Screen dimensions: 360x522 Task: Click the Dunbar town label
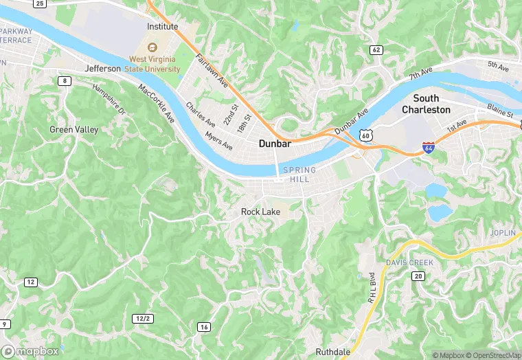pyautogui.click(x=275, y=144)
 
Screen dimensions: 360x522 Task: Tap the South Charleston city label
pyautogui.click(x=426, y=104)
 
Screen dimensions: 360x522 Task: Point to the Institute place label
pyautogui.click(x=162, y=27)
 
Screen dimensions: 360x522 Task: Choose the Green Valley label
pyautogui.click(x=74, y=129)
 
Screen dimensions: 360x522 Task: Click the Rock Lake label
pyautogui.click(x=260, y=212)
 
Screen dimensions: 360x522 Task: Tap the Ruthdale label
pyautogui.click(x=334, y=352)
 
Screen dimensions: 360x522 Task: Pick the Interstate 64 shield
pyautogui.click(x=429, y=147)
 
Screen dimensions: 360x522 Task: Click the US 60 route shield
pyautogui.click(x=366, y=136)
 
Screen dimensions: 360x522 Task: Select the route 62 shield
pyautogui.click(x=376, y=49)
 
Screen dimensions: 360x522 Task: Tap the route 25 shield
pyautogui.click(x=40, y=4)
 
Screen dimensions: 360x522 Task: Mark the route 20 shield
pyautogui.click(x=418, y=275)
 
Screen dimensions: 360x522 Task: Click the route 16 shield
pyautogui.click(x=203, y=326)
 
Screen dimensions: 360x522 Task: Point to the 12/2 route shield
pyautogui.click(x=142, y=318)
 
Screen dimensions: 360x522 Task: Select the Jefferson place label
pyautogui.click(x=103, y=69)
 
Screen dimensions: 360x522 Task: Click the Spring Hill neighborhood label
pyautogui.click(x=300, y=175)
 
